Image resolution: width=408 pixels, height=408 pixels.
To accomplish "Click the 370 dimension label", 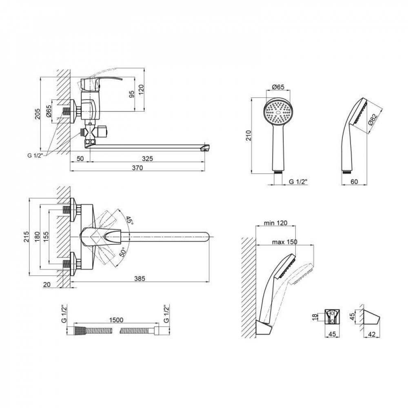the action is click(x=137, y=168).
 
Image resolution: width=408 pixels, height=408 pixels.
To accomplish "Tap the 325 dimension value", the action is click(x=148, y=158).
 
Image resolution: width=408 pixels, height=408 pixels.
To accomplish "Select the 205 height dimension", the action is click(x=38, y=114).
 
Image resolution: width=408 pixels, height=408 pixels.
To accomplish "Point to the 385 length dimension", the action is click(x=140, y=278).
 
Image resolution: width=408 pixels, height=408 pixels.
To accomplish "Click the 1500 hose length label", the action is click(x=116, y=320).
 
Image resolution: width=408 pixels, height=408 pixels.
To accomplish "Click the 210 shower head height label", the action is click(x=248, y=135).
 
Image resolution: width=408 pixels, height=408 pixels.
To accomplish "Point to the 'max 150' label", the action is click(x=284, y=242).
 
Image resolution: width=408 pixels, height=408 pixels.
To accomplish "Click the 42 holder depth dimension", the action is click(x=372, y=335).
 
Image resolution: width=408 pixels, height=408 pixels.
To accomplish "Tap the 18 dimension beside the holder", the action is click(x=315, y=317).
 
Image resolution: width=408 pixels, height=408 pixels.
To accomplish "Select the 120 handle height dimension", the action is click(x=141, y=90).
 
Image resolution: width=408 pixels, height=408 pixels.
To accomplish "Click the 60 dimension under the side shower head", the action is click(x=354, y=182).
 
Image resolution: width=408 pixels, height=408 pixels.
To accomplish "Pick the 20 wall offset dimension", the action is click(x=47, y=284).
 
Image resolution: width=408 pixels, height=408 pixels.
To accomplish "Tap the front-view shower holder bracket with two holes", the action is click(x=332, y=317).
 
